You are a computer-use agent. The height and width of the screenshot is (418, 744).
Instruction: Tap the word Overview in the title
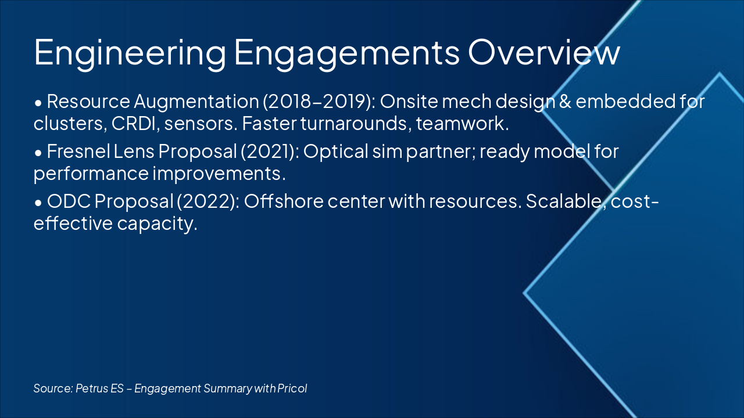click(x=544, y=53)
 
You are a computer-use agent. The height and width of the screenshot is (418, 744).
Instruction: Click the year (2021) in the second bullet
click(x=264, y=152)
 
